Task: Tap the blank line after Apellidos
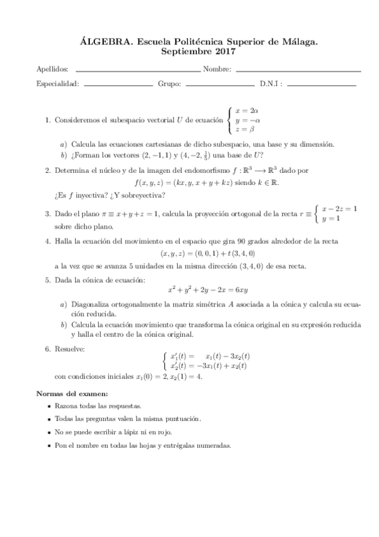coord(137,70)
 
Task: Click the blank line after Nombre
coord(298,70)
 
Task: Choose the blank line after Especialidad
coord(118,84)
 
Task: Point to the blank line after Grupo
coord(220,84)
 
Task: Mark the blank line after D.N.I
coord(321,84)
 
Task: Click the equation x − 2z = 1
coord(339,208)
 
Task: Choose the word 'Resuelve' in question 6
coord(69,349)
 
